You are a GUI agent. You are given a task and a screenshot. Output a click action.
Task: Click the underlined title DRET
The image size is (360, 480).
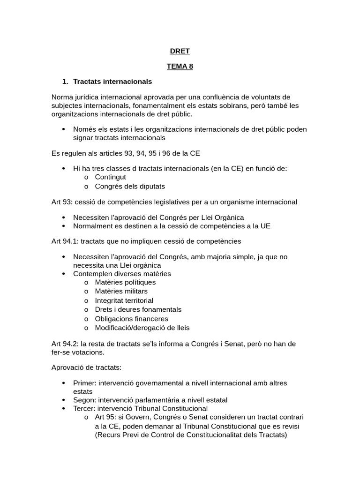point(180,51)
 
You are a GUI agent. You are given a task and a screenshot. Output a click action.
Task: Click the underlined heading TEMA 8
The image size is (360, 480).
point(180,67)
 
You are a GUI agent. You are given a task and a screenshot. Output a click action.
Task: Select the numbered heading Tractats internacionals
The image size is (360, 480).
point(112,82)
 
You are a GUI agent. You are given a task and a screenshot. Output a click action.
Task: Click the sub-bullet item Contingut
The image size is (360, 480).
point(110,177)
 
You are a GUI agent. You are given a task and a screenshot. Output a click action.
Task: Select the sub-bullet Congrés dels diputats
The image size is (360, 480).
point(130,186)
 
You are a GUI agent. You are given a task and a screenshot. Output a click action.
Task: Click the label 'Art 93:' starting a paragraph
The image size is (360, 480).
point(62,202)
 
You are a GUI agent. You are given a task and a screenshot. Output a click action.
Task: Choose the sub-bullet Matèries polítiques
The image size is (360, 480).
point(125,282)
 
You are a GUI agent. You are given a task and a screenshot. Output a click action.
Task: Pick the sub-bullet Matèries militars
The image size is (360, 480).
point(121,291)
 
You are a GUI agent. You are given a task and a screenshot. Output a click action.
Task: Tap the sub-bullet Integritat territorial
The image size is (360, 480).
point(124,300)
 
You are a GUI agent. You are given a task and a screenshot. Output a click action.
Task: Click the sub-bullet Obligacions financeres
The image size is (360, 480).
point(131,319)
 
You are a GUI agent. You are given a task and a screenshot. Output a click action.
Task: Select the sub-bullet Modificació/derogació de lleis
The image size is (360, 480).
point(142,328)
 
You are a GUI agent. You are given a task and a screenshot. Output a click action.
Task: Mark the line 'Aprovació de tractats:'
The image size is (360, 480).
point(86,367)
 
